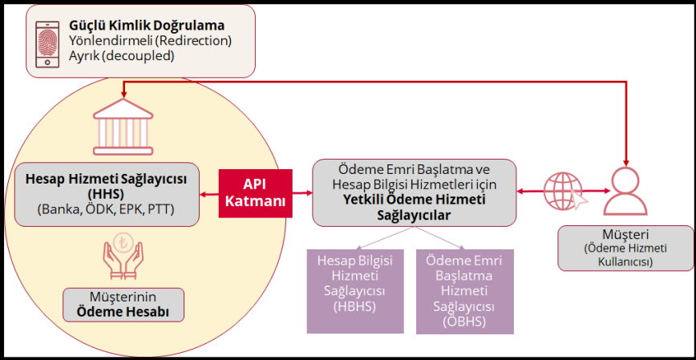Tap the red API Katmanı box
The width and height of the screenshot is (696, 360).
tap(255, 193)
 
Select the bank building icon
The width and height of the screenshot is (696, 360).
tap(123, 127)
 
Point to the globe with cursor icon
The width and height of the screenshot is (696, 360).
tap(565, 191)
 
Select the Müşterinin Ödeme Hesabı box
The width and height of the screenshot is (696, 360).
tap(123, 305)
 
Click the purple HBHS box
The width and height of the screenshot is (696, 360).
tap(354, 291)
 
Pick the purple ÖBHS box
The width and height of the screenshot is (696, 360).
tap(465, 292)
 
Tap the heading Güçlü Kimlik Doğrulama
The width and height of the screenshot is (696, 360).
tap(147, 26)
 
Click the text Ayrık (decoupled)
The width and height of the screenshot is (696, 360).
tap(121, 56)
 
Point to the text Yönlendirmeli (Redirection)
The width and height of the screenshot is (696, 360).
tap(151, 41)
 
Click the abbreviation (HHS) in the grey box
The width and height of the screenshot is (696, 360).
tap(107, 193)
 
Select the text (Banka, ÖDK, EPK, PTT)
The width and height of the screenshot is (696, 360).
tap(107, 209)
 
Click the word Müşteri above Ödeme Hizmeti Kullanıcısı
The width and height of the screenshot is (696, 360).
tap(625, 234)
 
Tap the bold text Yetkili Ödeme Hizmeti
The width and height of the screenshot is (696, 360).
tap(414, 200)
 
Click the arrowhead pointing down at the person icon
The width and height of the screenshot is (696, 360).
tap(628, 163)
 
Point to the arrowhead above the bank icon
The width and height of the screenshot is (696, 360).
tap(123, 94)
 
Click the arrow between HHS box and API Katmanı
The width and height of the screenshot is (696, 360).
tap(209, 193)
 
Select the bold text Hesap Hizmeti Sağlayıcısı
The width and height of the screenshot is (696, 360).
tap(107, 179)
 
